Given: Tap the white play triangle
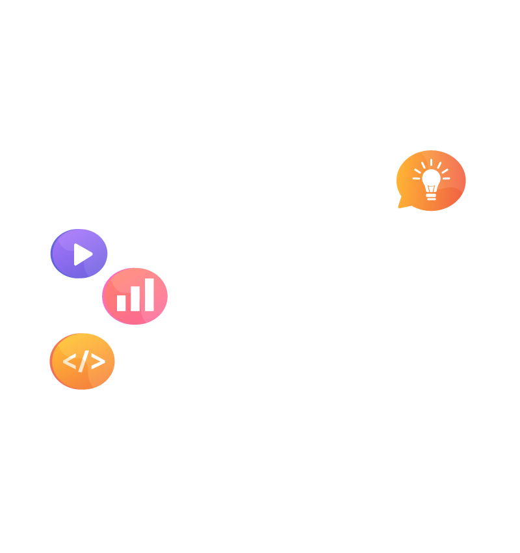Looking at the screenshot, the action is [x=82, y=254].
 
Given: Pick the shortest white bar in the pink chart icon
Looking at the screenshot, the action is [x=121, y=303].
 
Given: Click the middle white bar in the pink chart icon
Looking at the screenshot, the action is [x=135, y=299].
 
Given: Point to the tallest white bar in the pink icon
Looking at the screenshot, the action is [x=149, y=295].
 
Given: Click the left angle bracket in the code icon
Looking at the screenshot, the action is [x=68, y=361].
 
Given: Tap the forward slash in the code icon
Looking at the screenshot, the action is [x=83, y=361].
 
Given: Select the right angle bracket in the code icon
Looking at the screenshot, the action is [x=97, y=361].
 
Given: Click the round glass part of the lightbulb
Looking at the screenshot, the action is [x=431, y=177].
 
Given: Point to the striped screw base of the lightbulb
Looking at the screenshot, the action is [x=431, y=196].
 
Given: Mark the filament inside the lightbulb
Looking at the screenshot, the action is [x=431, y=189].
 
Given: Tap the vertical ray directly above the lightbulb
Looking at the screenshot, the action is [x=431, y=162].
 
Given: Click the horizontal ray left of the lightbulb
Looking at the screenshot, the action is [x=416, y=178].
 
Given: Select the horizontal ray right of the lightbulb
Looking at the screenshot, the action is [x=446, y=178].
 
